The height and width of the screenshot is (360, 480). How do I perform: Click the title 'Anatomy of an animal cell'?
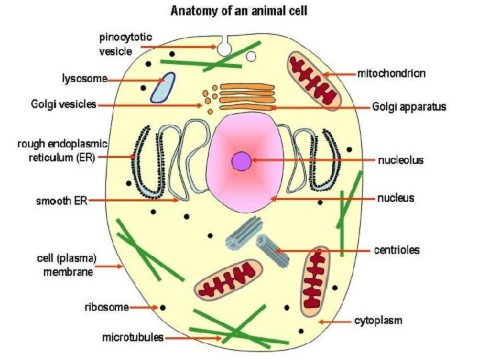[241, 11]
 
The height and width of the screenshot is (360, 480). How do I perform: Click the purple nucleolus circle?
[241, 161]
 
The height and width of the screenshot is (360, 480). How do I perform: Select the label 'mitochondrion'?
[391, 73]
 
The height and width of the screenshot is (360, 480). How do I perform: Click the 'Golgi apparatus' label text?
[409, 106]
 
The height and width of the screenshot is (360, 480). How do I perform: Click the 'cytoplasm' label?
[378, 321]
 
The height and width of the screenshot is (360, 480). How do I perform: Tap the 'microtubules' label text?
[133, 337]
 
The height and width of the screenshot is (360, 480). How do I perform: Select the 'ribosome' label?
[106, 307]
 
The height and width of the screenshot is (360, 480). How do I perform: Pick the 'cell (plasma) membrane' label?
[65, 265]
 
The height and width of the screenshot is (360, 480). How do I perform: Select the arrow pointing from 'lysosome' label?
[129, 80]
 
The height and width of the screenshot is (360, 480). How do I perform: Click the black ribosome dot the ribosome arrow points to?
[161, 308]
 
